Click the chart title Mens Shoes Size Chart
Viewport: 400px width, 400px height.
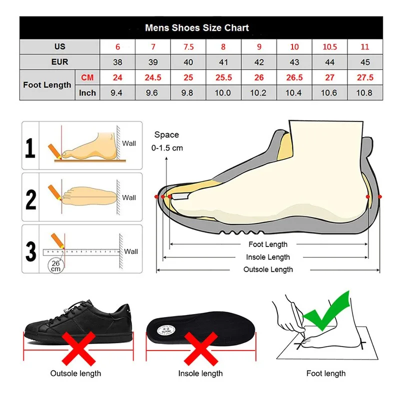click(196, 27)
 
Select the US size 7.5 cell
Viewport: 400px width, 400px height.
click(188, 46)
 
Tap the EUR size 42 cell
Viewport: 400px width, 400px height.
click(258, 62)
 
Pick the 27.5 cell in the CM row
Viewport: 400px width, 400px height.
click(365, 77)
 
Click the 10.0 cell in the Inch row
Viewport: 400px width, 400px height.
click(223, 93)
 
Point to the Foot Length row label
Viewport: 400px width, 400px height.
click(47, 85)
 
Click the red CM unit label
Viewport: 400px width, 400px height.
click(87, 77)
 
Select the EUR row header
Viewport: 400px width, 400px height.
click(59, 62)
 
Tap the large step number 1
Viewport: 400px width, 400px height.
click(31, 148)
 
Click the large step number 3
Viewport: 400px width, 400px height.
click(31, 251)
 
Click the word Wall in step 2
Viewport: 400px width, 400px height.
click(129, 197)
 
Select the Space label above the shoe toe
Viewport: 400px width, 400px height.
click(166, 134)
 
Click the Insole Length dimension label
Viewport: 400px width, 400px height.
click(268, 257)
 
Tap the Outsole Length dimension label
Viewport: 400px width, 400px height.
click(268, 269)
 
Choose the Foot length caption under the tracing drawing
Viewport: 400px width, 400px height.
click(326, 373)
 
